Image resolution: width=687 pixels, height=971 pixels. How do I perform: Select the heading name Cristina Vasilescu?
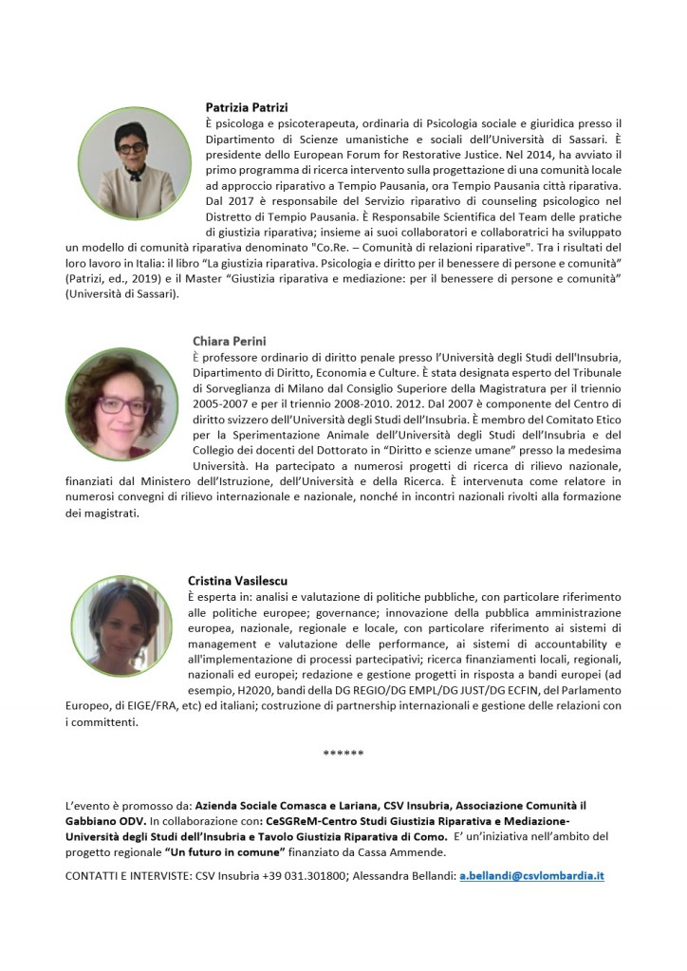[x=237, y=580]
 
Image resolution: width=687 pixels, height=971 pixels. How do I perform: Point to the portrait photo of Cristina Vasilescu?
[x=121, y=627]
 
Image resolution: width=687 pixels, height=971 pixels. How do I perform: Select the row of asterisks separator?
[x=343, y=754]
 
